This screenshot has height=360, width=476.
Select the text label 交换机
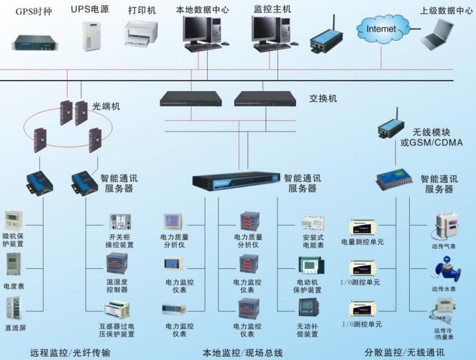(323, 99)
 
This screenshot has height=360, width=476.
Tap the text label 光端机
(106, 106)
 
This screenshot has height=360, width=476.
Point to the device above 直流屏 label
(14, 308)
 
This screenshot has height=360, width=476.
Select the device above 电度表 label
(14, 265)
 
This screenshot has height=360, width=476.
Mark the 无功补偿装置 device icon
(307, 308)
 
